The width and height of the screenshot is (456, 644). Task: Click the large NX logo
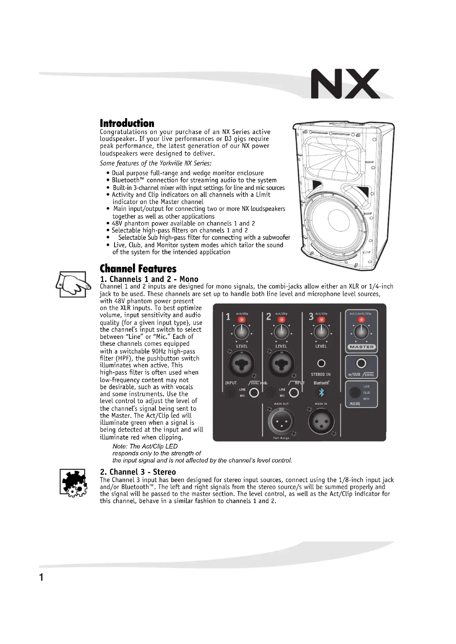pos(345,84)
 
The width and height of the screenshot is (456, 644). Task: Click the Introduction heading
pos(127,123)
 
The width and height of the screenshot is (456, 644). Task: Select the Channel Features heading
pos(138,268)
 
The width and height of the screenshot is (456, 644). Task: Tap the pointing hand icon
pos(73,284)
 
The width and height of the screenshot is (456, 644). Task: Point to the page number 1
pos(41,577)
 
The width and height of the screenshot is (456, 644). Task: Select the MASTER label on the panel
pos(361,347)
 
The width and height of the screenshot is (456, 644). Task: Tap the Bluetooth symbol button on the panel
pos(321,392)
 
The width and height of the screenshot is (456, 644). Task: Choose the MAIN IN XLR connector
pos(321,421)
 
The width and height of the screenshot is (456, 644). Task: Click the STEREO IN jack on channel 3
pos(321,363)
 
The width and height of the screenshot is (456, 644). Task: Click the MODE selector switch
pos(355,393)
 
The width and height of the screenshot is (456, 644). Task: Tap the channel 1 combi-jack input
pos(242,363)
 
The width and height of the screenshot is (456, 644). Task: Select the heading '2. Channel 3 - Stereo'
pos(138,472)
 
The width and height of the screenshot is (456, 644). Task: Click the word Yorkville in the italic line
pos(171,163)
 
